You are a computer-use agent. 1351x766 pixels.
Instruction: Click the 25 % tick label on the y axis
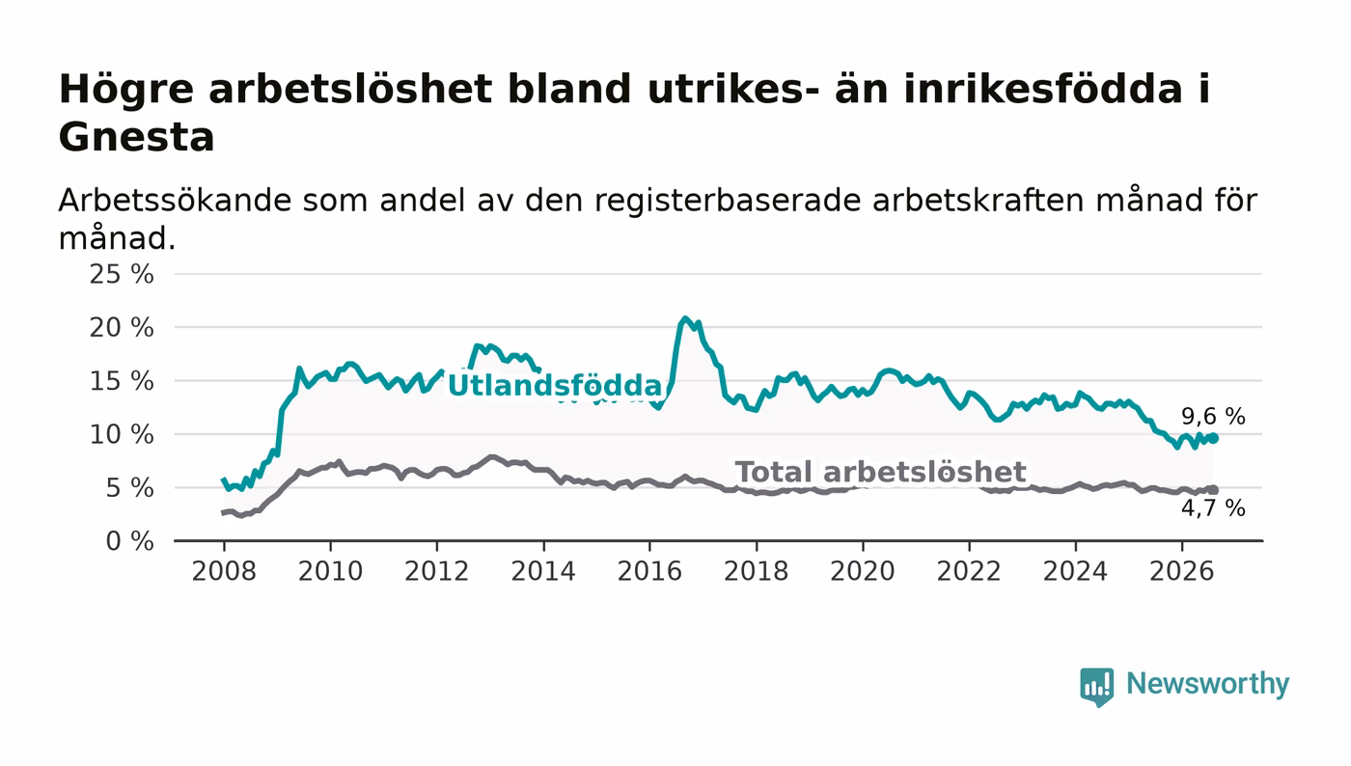coord(122,274)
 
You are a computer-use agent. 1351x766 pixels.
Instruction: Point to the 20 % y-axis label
coord(122,328)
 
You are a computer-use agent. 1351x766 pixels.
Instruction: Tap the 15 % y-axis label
coord(122,381)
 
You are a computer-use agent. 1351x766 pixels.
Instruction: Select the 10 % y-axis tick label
coord(122,435)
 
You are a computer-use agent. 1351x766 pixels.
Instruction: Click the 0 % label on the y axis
coord(129,541)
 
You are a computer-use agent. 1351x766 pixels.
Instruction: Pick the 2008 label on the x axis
coord(224,571)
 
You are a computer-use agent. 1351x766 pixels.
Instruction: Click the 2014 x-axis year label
coord(543,571)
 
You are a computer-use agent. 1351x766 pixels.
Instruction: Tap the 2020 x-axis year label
coord(863,571)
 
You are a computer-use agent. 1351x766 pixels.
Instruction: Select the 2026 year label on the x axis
coord(1181,571)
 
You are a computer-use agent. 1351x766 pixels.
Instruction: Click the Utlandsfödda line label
coord(555,386)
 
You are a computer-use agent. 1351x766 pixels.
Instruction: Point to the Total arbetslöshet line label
coord(880,472)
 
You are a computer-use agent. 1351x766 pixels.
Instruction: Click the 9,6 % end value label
coord(1213,416)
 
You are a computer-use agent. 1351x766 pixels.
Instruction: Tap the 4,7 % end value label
coord(1213,508)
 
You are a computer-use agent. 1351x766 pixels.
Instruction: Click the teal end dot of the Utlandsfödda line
coord(1214,439)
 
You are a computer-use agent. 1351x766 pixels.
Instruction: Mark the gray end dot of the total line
coord(1214,490)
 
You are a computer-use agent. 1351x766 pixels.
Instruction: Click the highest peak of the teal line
coord(684,317)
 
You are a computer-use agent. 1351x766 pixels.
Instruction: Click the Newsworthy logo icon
coord(1096,687)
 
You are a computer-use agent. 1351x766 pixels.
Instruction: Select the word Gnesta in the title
coord(136,137)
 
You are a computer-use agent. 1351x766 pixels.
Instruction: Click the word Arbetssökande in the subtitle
coord(175,201)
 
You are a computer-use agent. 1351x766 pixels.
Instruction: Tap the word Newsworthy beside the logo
coord(1207,684)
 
